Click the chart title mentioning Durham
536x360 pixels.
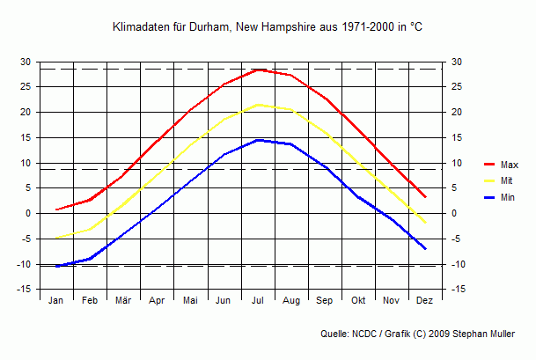268,27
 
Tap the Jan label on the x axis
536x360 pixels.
56,300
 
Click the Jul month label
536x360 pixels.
258,300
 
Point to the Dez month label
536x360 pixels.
425,300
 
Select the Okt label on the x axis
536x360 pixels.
358,300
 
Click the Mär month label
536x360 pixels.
123,300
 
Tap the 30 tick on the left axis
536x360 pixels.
26,62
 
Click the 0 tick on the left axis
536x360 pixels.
28,214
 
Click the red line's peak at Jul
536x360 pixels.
258,69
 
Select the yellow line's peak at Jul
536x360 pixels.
258,104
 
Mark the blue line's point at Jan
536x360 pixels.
56,266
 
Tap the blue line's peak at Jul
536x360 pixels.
258,139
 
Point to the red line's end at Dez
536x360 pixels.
426,196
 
